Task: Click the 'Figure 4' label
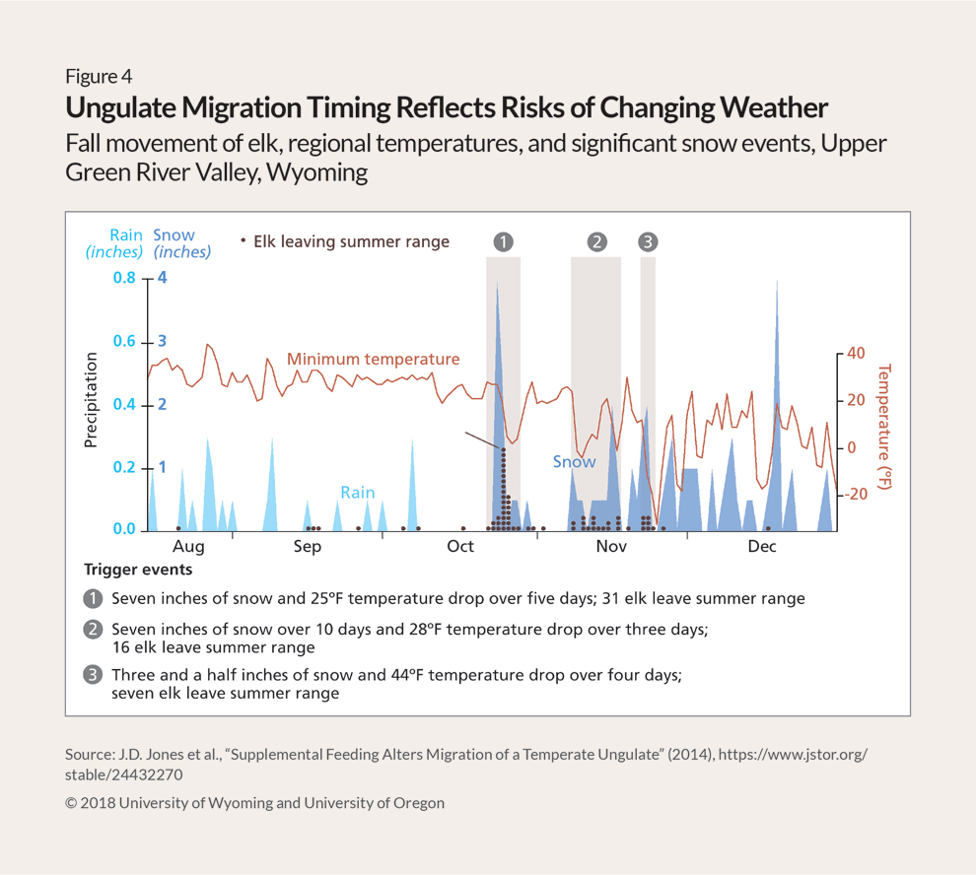pyautogui.click(x=99, y=76)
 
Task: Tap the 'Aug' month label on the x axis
pyautogui.click(x=188, y=547)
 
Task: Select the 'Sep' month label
pyautogui.click(x=308, y=547)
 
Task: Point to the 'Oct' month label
pyautogui.click(x=460, y=547)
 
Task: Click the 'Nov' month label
pyautogui.click(x=611, y=547)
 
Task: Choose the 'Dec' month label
pyautogui.click(x=761, y=547)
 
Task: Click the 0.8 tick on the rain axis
pyautogui.click(x=123, y=279)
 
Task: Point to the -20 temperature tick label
pyautogui.click(x=853, y=495)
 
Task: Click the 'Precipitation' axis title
pyautogui.click(x=91, y=399)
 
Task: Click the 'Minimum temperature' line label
pyautogui.click(x=373, y=359)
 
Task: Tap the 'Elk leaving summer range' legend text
pyautogui.click(x=351, y=241)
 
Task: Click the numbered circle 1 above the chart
pyautogui.click(x=503, y=241)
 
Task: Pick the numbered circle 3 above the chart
pyautogui.click(x=648, y=241)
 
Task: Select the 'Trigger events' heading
pyautogui.click(x=138, y=570)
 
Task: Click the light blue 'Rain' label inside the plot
pyautogui.click(x=357, y=493)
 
